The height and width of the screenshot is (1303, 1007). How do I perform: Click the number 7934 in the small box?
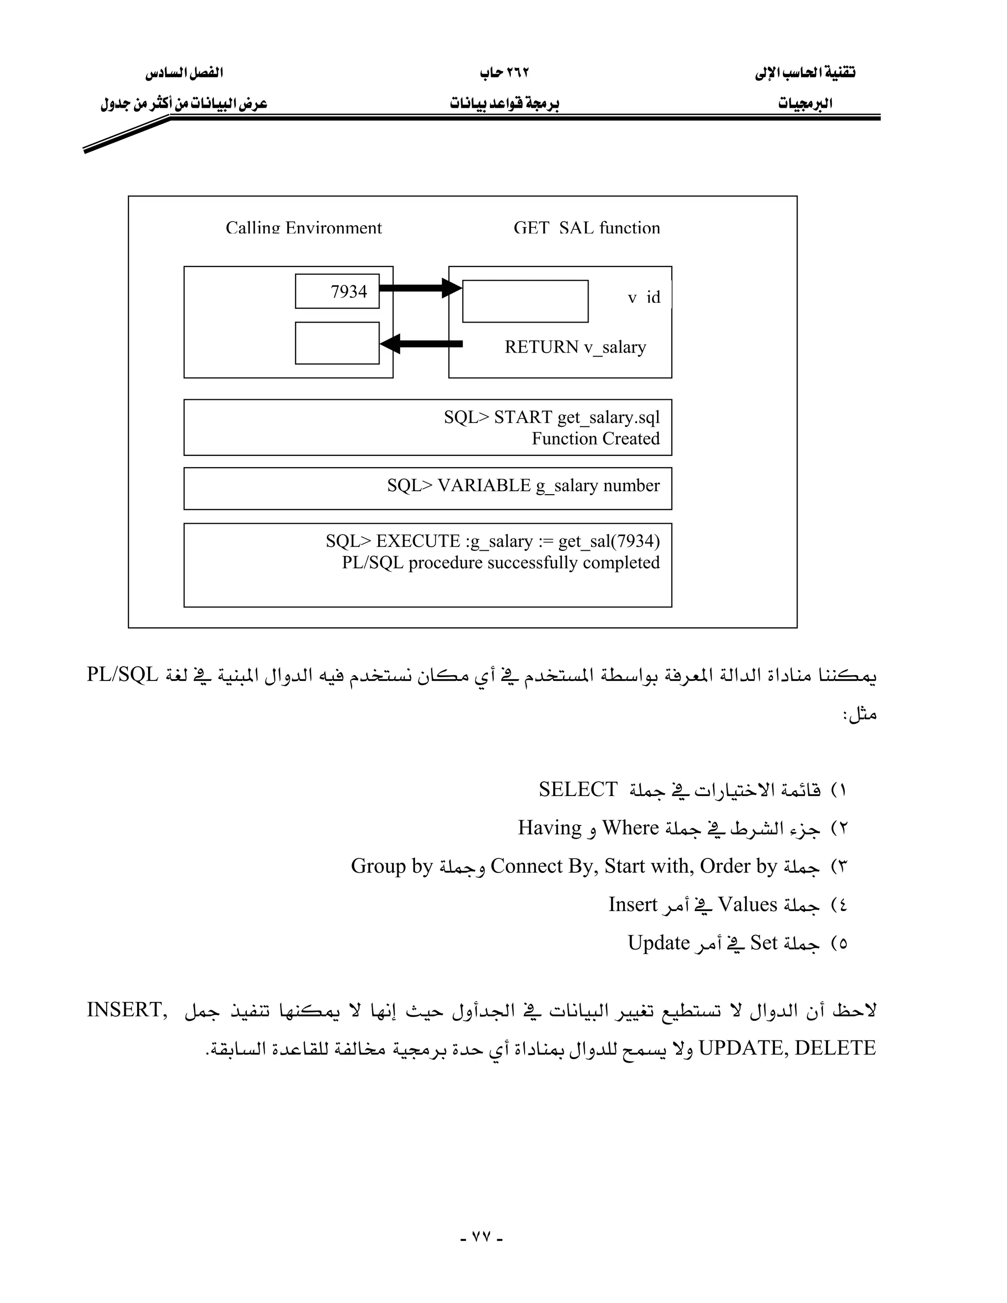click(349, 291)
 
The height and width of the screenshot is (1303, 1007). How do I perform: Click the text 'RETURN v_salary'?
click(575, 347)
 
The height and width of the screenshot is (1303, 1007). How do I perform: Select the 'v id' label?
click(644, 297)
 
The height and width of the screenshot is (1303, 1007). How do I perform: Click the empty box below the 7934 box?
click(337, 343)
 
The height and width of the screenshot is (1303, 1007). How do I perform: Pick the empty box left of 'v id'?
click(525, 301)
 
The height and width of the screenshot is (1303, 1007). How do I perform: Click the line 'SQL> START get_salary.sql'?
click(551, 416)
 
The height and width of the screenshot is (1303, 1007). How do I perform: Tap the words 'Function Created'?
click(595, 439)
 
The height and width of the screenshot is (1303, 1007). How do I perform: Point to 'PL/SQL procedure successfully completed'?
click(501, 562)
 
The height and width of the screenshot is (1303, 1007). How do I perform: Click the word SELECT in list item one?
click(577, 789)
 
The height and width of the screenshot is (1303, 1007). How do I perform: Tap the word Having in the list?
click(549, 828)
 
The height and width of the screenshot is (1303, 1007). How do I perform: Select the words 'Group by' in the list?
click(391, 866)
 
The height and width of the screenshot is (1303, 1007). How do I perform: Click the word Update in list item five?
click(658, 943)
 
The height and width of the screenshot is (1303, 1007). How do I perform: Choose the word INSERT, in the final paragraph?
click(126, 1009)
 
